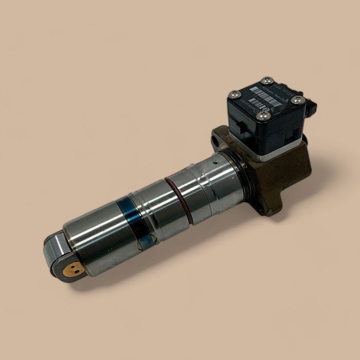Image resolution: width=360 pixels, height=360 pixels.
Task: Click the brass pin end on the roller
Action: pyautogui.click(x=75, y=268)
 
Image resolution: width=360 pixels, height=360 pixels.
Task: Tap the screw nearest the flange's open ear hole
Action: pyautogui.click(x=235, y=94)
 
